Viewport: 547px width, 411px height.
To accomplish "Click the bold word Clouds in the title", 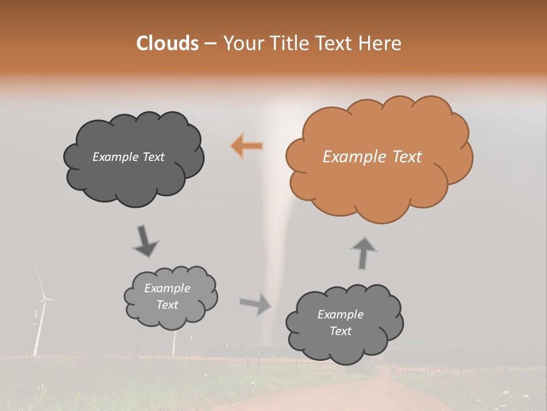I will click(x=168, y=43).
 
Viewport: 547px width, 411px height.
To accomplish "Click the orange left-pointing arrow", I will click(x=247, y=146).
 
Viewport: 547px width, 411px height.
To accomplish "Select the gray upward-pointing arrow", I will click(x=364, y=252).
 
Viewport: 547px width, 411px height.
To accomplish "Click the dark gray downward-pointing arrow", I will click(x=145, y=241).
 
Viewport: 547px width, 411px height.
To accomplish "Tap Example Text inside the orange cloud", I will click(x=372, y=157).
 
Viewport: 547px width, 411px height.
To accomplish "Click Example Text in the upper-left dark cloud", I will click(x=128, y=157).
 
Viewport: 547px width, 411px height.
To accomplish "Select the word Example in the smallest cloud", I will click(x=167, y=288).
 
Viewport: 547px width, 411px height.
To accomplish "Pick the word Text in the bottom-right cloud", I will click(x=340, y=331).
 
